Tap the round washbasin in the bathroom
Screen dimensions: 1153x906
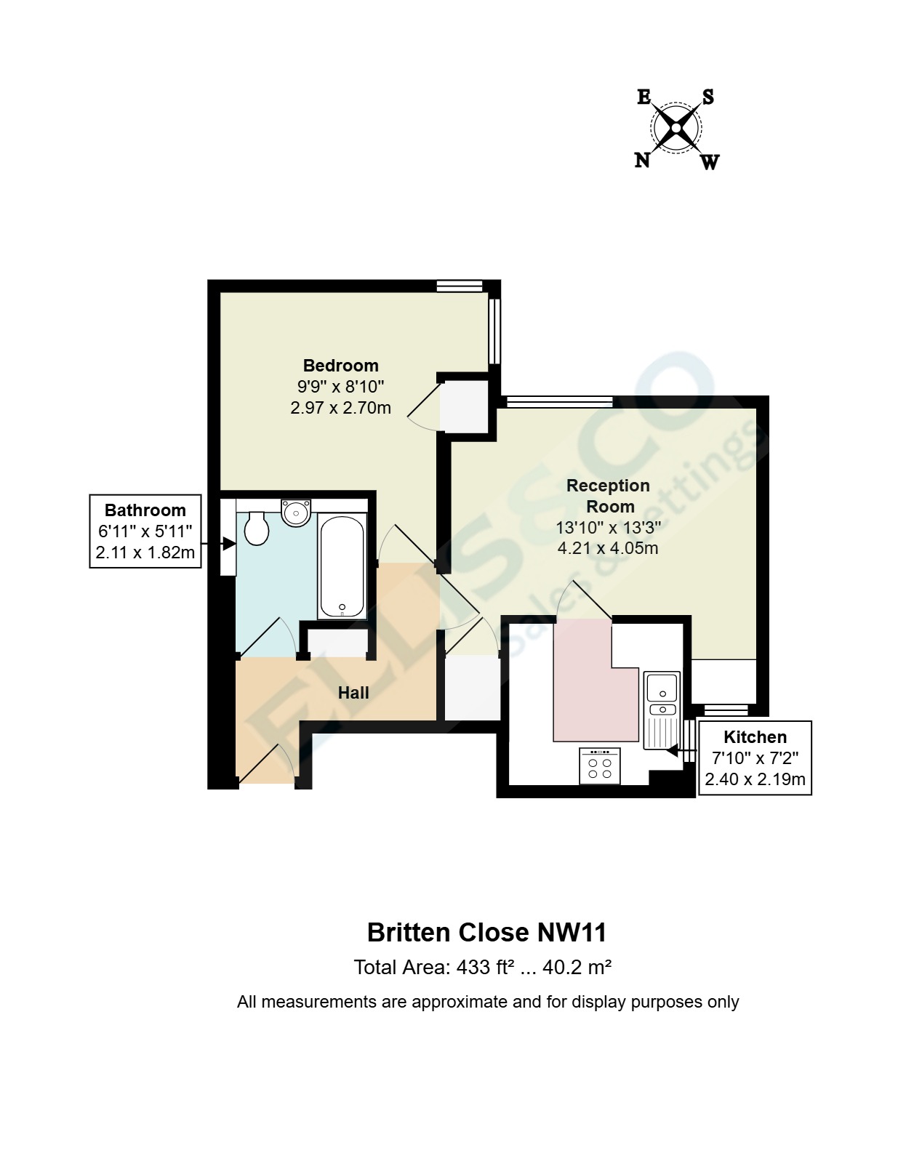pos(296,513)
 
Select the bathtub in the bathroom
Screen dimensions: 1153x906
pos(341,566)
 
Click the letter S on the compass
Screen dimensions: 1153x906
pos(707,97)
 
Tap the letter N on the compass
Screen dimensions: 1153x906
pos(642,160)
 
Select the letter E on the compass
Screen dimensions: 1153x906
pos(644,97)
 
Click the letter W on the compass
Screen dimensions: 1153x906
pos(710,161)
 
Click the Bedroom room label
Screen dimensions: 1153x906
pos(340,366)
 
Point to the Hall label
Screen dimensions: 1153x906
pos(353,693)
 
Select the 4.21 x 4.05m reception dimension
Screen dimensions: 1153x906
pos(607,548)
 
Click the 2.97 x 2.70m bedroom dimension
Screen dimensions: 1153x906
pos(340,408)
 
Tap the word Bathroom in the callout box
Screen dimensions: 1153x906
pos(145,510)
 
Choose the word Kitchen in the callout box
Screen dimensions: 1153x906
pos(755,737)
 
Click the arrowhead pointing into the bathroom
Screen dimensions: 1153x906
pos(228,543)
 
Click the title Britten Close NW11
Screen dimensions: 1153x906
pos(486,932)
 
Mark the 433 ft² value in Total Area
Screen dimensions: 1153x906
pos(486,968)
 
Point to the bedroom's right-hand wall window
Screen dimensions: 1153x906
pos(494,331)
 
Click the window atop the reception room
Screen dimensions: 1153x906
pos(559,401)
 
